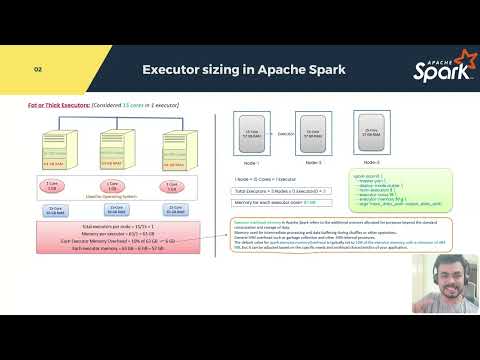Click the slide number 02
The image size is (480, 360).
tap(38, 70)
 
